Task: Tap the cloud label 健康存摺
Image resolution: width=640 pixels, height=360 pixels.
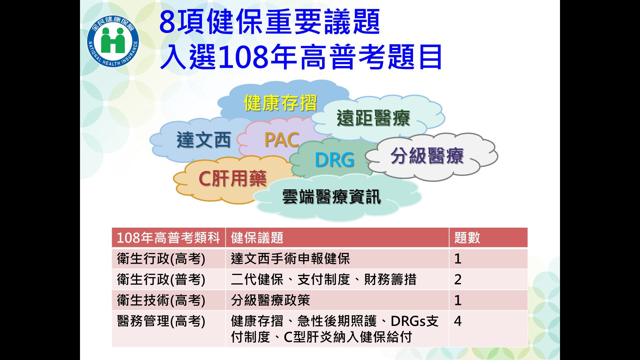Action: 280,103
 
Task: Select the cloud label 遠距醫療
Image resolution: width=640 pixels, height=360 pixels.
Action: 373,118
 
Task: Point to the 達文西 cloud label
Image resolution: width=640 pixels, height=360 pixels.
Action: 204,140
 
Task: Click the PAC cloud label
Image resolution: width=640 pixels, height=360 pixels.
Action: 282,140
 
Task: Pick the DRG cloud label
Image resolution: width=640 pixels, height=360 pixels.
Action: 335,160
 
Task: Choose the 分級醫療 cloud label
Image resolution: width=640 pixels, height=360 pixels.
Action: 427,156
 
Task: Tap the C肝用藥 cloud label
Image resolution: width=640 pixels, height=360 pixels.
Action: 232,179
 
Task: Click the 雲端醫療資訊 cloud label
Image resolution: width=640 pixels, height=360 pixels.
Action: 331,197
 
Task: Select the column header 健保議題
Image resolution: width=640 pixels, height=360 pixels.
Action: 257,238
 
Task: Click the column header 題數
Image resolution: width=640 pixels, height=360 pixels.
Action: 467,238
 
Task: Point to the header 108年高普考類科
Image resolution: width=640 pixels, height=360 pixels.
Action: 168,238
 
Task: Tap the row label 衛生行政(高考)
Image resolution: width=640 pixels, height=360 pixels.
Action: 161,259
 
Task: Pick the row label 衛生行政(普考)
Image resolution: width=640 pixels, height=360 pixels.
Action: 161,280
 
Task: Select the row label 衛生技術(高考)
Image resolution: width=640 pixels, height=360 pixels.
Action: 161,300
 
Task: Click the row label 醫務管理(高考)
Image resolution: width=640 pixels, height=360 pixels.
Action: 161,321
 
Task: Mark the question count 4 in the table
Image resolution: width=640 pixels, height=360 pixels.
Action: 458,321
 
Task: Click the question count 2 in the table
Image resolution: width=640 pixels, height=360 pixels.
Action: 458,280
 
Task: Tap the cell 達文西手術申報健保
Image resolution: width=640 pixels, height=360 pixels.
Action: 290,259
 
